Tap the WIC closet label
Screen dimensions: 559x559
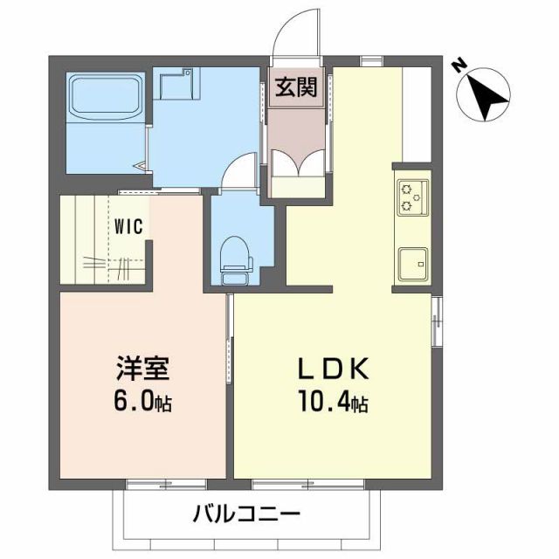[x=129, y=224]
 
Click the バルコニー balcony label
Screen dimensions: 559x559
[x=247, y=514]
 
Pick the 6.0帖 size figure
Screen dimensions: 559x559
[x=141, y=403]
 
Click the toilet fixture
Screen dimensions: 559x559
[x=234, y=258]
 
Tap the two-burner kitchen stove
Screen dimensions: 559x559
[x=411, y=197]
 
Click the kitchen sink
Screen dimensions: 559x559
[x=411, y=261]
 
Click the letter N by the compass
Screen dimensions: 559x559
[x=458, y=66]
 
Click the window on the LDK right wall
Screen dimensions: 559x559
[x=437, y=321]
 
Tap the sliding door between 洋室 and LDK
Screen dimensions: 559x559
[x=230, y=341]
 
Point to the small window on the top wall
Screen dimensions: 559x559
[x=372, y=60]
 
